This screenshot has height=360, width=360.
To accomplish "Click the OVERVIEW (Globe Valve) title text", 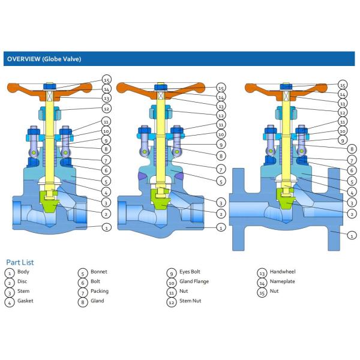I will (43, 59).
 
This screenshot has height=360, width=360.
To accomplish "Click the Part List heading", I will (20, 262).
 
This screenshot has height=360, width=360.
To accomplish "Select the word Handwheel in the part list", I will (283, 272).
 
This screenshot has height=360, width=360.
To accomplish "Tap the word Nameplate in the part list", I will (283, 281).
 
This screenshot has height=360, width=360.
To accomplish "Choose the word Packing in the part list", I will (100, 291).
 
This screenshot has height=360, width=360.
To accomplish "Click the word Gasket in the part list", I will (26, 301).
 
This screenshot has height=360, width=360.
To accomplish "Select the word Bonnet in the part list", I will (99, 272).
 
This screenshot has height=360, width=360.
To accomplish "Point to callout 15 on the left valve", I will (106, 79).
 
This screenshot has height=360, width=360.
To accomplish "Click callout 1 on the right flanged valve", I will (343, 235).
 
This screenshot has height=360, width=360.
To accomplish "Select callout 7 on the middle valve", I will (220, 170).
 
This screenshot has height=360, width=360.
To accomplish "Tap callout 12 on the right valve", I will (343, 112).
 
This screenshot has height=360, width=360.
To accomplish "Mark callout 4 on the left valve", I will (106, 192).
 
